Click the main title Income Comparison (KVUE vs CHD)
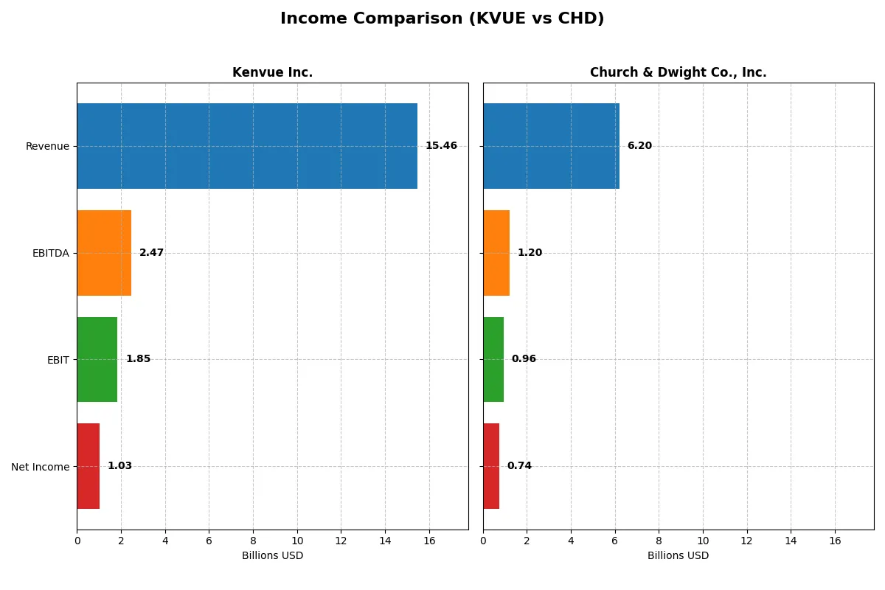coord(442,19)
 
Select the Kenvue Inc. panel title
coord(272,72)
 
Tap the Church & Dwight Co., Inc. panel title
coord(678,72)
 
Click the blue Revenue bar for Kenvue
coord(247,146)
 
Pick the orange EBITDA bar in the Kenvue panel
coord(104,253)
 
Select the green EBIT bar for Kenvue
coord(97,359)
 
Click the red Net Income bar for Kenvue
coord(88,466)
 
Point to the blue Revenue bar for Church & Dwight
coord(551,146)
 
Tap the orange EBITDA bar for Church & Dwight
coord(496,253)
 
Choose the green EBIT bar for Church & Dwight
coord(493,359)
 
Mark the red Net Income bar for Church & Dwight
coord(491,466)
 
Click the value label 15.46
coord(441,146)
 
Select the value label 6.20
coord(639,146)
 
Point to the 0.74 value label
coord(519,466)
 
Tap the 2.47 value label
coord(151,253)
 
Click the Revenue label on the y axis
coord(47,146)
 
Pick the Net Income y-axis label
coord(40,467)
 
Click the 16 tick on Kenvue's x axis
coord(429,541)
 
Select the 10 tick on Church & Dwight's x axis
coord(703,541)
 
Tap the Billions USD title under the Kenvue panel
coord(272,556)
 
